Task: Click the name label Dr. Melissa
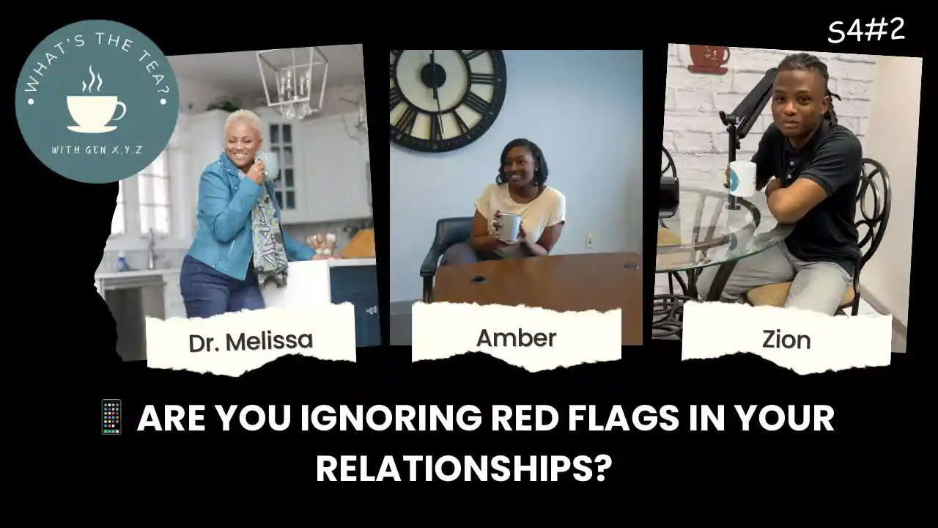point(251,341)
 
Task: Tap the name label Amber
point(516,337)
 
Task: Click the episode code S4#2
point(866,32)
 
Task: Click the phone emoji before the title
point(111,417)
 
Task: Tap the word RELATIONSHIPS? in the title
point(463,469)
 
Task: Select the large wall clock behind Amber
point(446,98)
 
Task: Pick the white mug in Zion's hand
point(742,177)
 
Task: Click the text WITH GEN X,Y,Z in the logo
point(96,150)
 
